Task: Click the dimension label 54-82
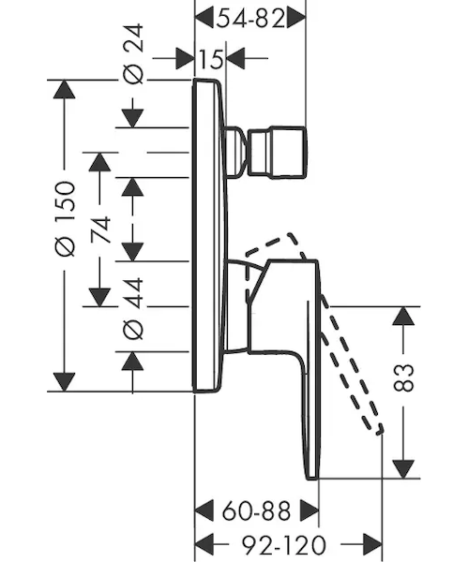click(x=250, y=18)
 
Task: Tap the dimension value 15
click(x=210, y=58)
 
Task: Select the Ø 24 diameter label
click(x=133, y=53)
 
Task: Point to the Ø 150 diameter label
click(x=66, y=219)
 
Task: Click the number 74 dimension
click(x=99, y=229)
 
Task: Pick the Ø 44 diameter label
click(x=133, y=308)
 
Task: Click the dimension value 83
click(x=403, y=377)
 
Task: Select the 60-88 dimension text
click(x=256, y=511)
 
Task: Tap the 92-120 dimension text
click(x=284, y=545)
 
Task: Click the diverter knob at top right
click(x=277, y=152)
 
